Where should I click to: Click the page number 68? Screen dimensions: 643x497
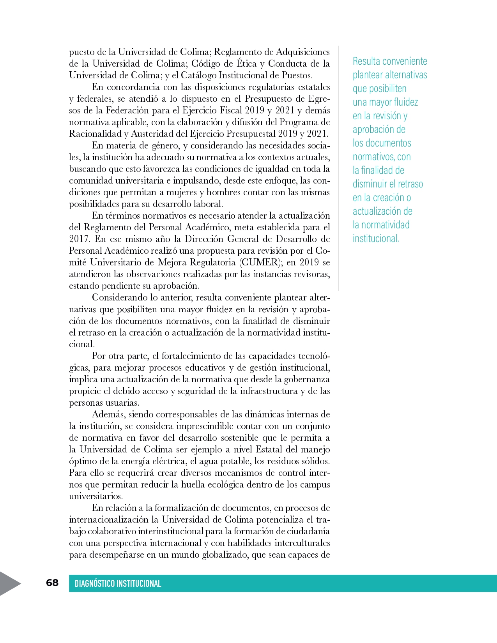coord(52,583)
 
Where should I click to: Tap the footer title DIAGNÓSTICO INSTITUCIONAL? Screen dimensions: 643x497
coord(118,583)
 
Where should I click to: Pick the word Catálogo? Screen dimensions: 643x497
coord(198,75)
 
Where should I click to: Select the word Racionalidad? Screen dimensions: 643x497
coord(95,134)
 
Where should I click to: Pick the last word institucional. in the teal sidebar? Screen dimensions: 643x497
coord(376,238)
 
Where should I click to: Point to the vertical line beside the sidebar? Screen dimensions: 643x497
coord(338,168)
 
